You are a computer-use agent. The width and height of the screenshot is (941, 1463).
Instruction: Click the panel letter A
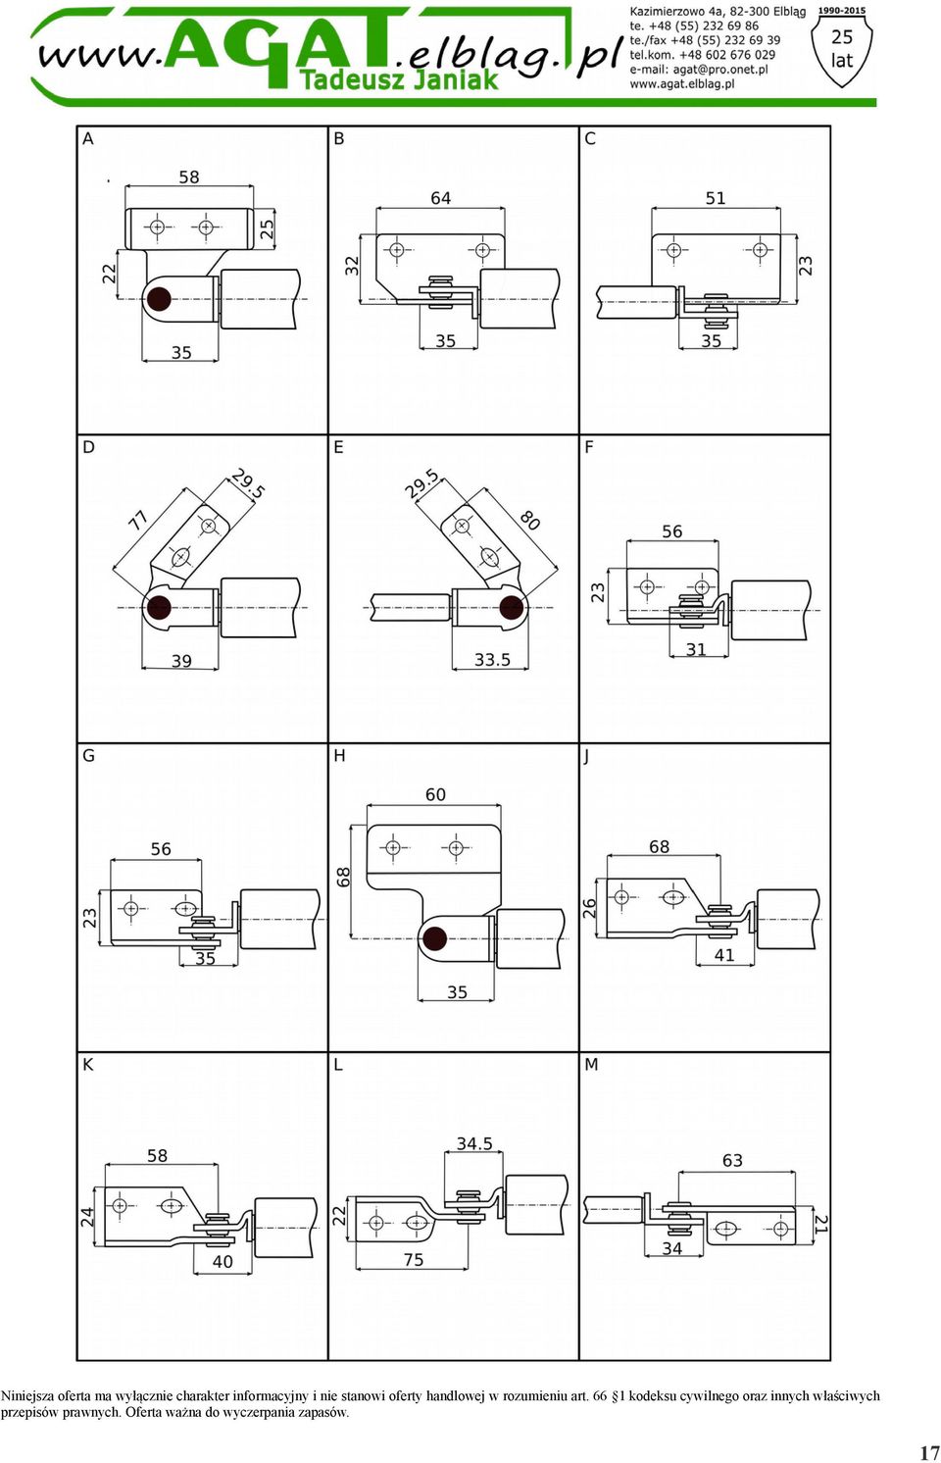click(x=88, y=139)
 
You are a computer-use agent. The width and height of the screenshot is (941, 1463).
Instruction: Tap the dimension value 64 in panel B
click(x=441, y=198)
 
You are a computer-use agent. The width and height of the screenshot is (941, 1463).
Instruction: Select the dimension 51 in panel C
click(x=715, y=198)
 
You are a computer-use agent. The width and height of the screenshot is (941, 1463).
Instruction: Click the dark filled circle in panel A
click(x=158, y=299)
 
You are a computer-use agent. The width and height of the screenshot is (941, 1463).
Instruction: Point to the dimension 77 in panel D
click(x=138, y=521)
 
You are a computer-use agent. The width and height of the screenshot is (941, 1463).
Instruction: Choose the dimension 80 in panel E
click(x=529, y=520)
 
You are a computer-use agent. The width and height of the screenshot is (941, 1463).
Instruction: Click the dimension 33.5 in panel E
click(x=492, y=660)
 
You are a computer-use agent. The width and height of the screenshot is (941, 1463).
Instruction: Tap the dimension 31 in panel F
click(x=696, y=649)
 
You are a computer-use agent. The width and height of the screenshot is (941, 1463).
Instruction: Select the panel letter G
click(x=89, y=756)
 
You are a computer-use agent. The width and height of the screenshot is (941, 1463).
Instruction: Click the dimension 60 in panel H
click(x=435, y=794)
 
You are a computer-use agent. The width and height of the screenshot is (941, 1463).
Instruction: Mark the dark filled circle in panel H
click(x=434, y=939)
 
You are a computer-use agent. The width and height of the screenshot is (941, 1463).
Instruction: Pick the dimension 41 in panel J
click(x=724, y=955)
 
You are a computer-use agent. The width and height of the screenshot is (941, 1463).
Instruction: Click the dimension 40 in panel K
click(x=223, y=1261)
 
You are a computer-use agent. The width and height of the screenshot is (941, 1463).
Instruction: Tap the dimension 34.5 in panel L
click(x=474, y=1143)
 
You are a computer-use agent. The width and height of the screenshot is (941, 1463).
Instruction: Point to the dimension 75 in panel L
click(x=414, y=1259)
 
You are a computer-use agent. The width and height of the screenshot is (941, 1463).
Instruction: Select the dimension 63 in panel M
click(x=732, y=1160)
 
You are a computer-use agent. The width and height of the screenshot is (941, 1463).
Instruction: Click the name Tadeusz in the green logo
click(x=353, y=79)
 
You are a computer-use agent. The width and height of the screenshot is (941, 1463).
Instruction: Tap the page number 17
click(x=929, y=1452)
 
